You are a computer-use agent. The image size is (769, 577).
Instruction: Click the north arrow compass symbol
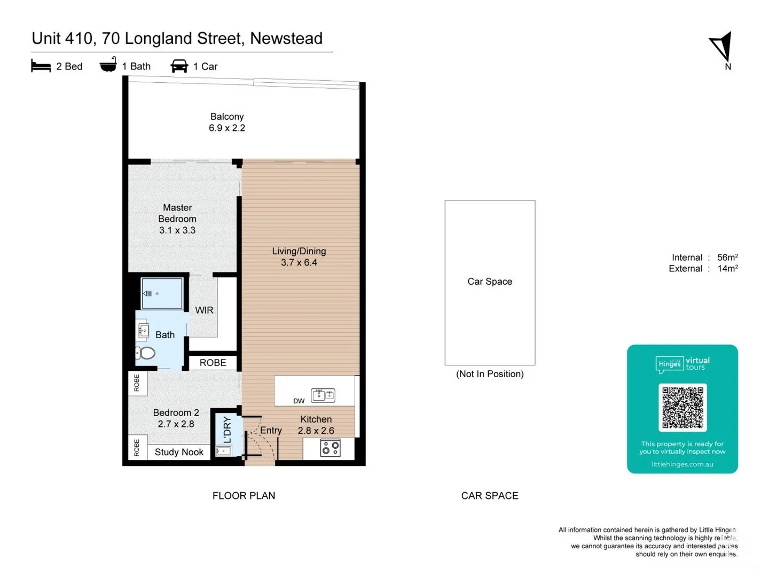721,47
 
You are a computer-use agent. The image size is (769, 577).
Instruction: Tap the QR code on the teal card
682,407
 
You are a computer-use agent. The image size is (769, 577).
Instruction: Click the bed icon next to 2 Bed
41,66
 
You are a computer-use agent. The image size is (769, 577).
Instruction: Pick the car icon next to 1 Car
179,66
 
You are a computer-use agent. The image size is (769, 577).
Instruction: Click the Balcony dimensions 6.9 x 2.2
227,128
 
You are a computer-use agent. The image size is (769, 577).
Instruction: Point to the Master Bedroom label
177,213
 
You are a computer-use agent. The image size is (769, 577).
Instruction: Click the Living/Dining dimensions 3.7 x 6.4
299,263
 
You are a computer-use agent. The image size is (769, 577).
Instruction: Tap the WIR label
204,310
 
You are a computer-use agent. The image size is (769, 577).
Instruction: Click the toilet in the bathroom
146,353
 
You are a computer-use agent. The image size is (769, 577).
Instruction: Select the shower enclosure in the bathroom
162,293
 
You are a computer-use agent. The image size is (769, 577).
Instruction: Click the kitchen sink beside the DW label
323,395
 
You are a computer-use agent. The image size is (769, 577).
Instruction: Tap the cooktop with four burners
331,448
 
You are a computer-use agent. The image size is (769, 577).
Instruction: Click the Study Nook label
179,452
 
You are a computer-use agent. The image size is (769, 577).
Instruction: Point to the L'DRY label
227,430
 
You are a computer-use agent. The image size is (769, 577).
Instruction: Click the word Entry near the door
271,431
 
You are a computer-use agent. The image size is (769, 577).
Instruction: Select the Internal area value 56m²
727,258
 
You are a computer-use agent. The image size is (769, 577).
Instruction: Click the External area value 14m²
727,269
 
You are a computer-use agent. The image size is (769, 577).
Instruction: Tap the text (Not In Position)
490,374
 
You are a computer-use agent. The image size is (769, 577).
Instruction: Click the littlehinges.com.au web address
682,464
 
